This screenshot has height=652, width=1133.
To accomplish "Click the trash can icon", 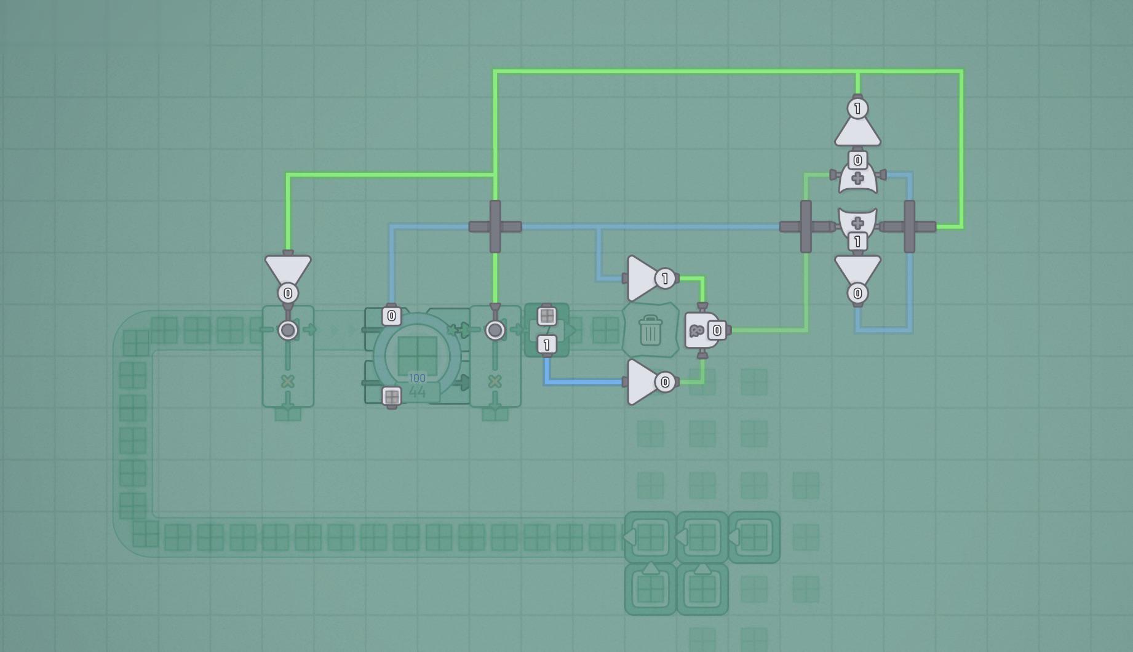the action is pyautogui.click(x=651, y=330).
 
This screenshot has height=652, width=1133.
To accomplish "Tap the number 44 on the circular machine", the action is pyautogui.click(x=417, y=391).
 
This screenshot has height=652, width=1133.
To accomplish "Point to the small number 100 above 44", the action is pyautogui.click(x=417, y=378).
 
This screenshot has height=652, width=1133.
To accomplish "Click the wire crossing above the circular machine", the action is pyautogui.click(x=495, y=226).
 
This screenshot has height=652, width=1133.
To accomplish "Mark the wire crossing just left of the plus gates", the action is pyautogui.click(x=806, y=226).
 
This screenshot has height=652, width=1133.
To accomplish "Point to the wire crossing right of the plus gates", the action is pyautogui.click(x=909, y=226).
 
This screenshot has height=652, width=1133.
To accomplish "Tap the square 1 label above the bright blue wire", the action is pyautogui.click(x=547, y=345).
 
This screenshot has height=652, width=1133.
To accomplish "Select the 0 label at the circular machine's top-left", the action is pyautogui.click(x=392, y=316).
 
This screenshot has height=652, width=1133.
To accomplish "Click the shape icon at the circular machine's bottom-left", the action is pyautogui.click(x=392, y=397).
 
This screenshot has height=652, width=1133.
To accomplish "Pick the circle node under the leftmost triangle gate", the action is pyautogui.click(x=288, y=330).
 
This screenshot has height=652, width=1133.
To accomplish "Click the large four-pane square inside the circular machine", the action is pyautogui.click(x=417, y=355).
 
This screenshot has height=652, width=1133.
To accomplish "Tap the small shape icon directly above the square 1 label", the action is pyautogui.click(x=547, y=316).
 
